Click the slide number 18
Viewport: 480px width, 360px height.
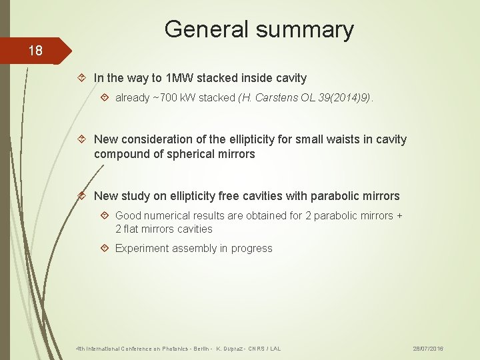tap(35, 51)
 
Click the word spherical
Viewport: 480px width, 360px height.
tap(183, 154)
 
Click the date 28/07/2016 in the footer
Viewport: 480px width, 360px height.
tap(428, 349)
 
